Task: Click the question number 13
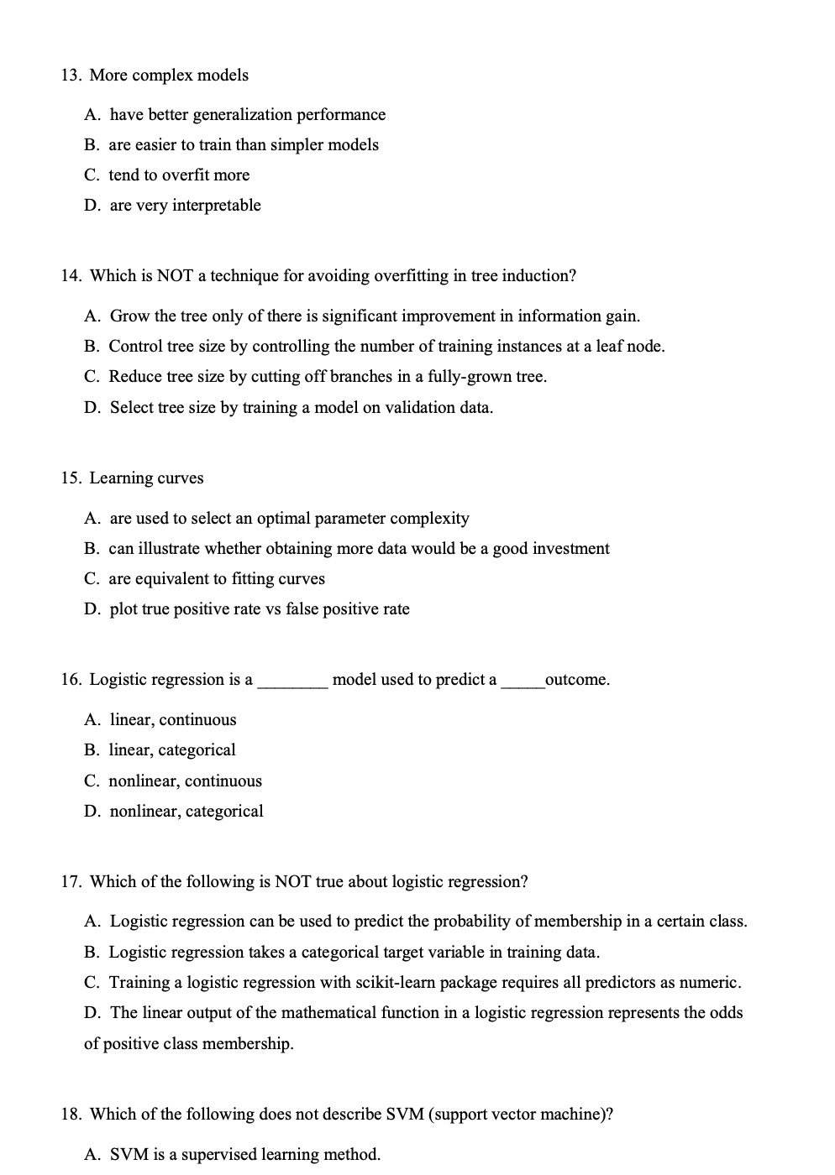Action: coord(71,76)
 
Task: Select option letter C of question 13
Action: coord(91,175)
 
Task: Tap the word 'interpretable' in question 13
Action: coord(216,206)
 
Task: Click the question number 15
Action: coord(71,478)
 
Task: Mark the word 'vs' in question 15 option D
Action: coord(272,609)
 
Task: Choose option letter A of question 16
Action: coord(92,720)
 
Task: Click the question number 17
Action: coord(71,882)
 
